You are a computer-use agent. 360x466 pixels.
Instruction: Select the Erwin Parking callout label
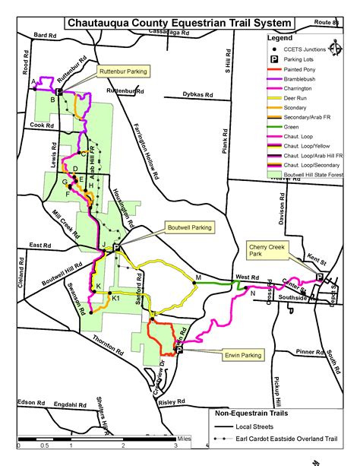click(x=242, y=354)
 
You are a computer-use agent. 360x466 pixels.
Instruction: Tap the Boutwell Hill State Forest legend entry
click(x=312, y=174)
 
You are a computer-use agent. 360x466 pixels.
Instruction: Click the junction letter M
click(x=197, y=277)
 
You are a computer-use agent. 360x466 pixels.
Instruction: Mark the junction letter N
click(x=251, y=293)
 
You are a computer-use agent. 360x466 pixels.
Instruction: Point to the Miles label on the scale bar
click(x=185, y=439)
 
